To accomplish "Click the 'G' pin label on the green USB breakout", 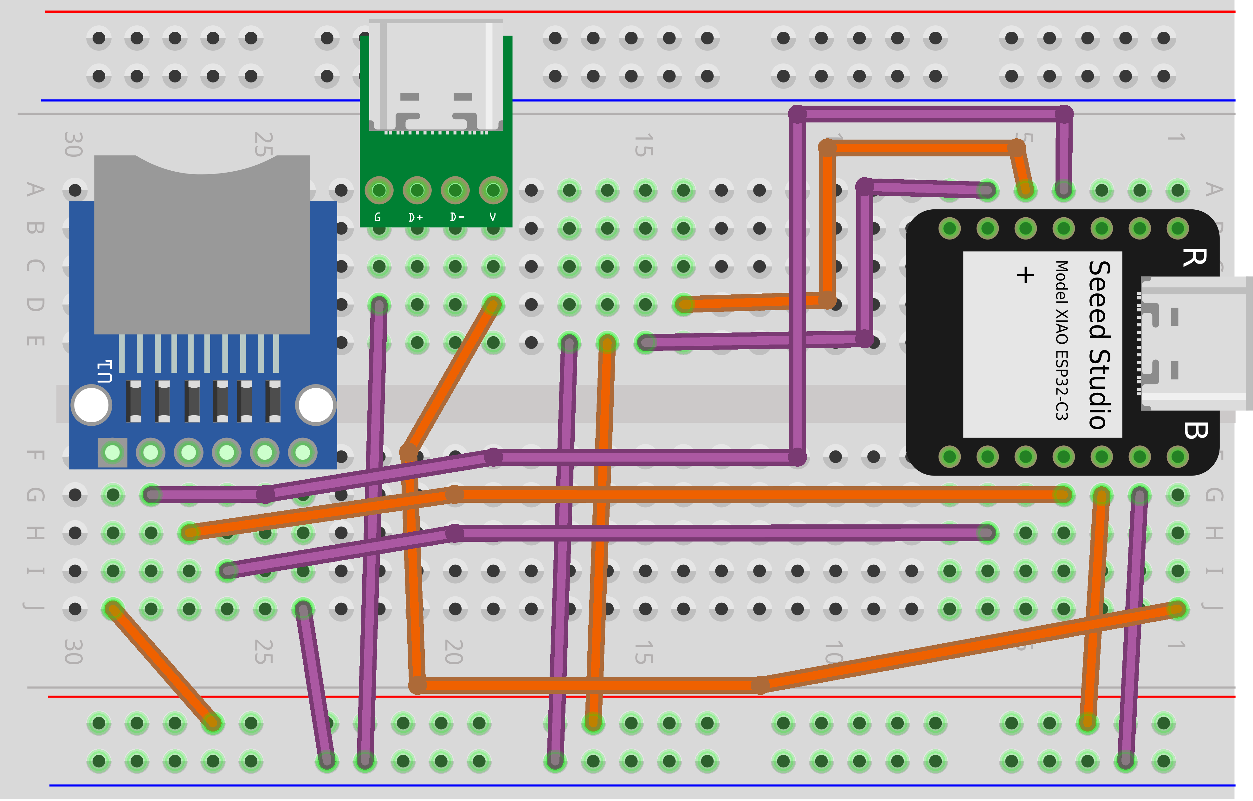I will [x=378, y=217].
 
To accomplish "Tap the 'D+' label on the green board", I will [x=416, y=217].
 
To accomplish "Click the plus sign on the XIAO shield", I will [x=1025, y=274].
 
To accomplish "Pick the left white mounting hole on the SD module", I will [x=92, y=405].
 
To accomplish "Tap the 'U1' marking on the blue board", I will [x=105, y=371].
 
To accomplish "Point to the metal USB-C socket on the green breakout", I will [x=436, y=76].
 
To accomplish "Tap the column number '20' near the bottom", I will [x=454, y=652].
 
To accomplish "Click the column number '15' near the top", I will [x=644, y=145].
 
